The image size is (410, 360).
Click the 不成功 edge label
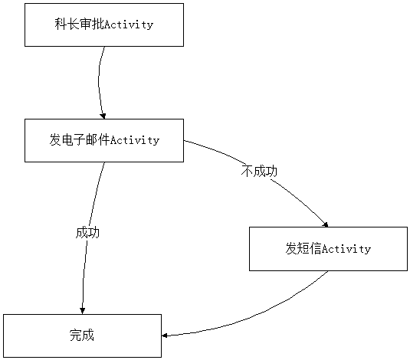[259, 172]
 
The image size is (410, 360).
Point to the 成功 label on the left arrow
[87, 232]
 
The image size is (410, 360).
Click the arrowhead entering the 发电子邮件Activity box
[103, 116]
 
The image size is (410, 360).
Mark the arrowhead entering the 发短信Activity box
[326, 224]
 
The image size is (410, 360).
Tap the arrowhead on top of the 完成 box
[82, 311]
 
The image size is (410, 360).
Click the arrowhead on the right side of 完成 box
[165, 335]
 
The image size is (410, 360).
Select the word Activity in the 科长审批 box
[129, 25]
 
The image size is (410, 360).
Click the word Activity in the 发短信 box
[346, 249]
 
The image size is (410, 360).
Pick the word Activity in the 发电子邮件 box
[135, 140]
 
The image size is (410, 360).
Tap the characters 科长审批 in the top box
[80, 25]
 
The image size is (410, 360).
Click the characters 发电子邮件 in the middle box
[80, 140]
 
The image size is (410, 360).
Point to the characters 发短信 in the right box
[303, 248]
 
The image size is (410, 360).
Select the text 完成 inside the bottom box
[82, 335]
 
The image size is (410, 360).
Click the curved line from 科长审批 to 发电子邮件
[99, 81]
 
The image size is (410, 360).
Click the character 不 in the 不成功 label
[247, 172]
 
